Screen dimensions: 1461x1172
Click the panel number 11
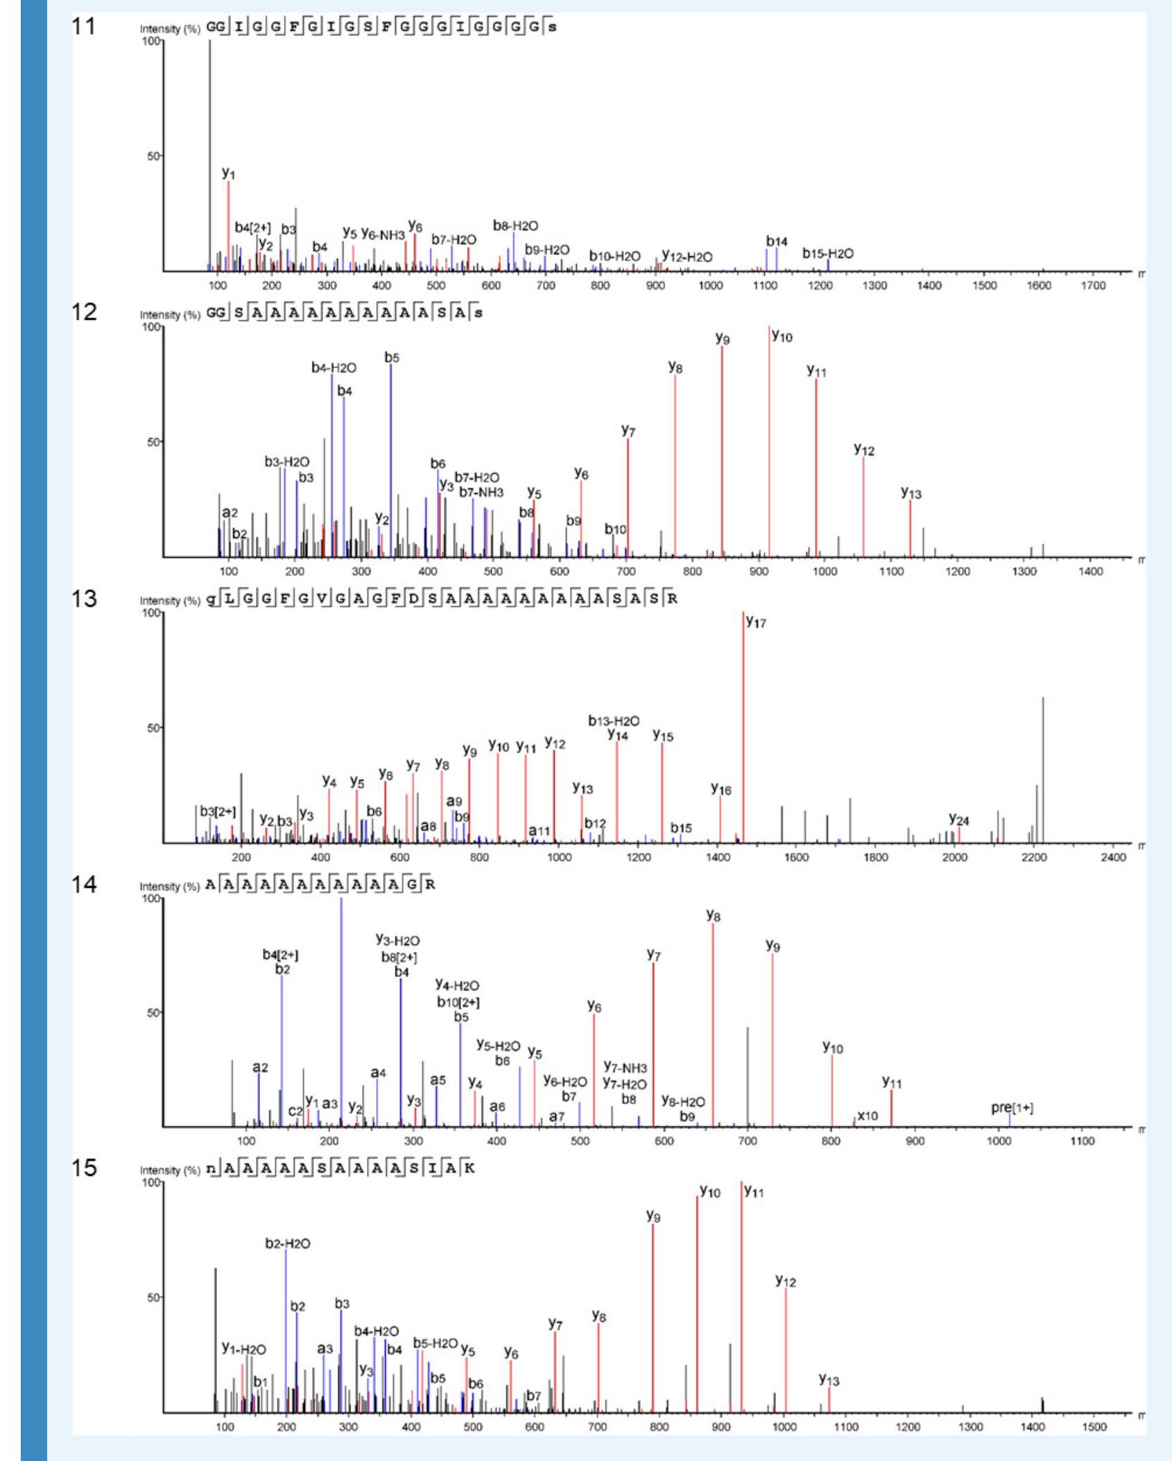tap(83, 27)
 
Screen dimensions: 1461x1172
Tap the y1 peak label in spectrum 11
tap(228, 173)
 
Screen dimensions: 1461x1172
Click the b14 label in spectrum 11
tap(777, 241)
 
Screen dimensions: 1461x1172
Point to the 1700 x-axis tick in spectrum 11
tap(1094, 286)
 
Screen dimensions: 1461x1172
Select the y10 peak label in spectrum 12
tap(782, 336)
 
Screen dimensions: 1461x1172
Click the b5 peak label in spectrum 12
tap(392, 358)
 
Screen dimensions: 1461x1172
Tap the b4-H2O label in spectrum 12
tap(334, 368)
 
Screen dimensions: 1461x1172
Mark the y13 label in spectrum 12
tap(911, 493)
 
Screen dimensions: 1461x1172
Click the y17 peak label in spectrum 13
tap(756, 622)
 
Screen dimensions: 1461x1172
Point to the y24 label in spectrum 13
tap(958, 820)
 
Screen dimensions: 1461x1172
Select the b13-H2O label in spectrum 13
tap(614, 721)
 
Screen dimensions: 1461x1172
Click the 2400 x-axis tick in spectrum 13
tap(1113, 858)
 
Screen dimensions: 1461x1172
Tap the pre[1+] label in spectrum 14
tap(1012, 1108)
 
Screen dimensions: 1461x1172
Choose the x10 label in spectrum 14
tap(868, 1116)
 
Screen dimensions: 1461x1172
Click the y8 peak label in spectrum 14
tap(713, 916)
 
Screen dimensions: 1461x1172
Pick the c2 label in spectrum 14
tap(295, 1111)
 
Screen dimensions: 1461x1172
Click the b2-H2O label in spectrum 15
tap(288, 1243)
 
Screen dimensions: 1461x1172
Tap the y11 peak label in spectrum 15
tap(754, 1191)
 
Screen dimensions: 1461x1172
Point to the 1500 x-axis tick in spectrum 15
tap(1094, 1427)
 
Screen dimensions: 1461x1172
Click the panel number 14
tap(83, 885)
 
